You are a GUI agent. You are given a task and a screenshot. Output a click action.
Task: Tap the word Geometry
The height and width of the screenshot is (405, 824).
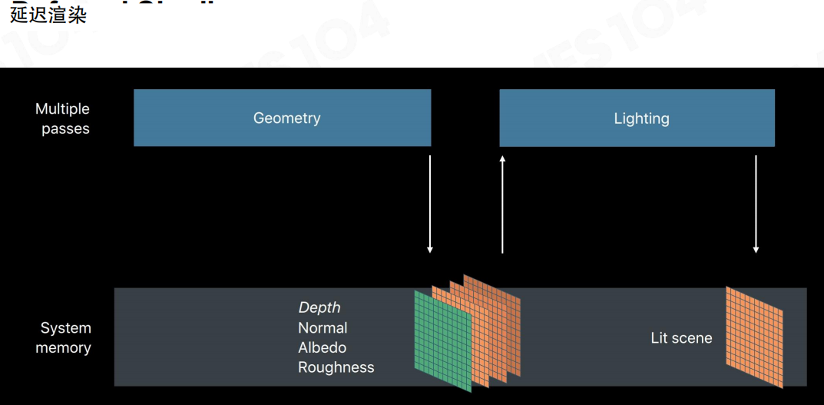tap(286, 118)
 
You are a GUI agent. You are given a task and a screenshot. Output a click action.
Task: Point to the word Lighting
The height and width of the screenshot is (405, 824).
tap(641, 118)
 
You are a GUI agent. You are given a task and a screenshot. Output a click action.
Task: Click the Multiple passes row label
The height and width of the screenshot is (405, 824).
tap(63, 118)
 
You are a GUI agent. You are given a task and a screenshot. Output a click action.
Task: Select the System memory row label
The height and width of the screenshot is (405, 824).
tap(65, 337)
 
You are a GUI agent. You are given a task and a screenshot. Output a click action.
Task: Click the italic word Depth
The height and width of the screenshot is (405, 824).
tap(319, 307)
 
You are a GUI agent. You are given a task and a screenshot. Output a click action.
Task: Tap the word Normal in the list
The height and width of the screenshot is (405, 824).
tap(323, 327)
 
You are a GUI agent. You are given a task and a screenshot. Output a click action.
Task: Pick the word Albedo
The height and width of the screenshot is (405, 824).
tap(322, 347)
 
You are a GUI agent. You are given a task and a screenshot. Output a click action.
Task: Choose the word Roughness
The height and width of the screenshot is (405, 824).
tap(336, 367)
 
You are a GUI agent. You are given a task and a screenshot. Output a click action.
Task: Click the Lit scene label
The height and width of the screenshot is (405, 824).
tap(681, 337)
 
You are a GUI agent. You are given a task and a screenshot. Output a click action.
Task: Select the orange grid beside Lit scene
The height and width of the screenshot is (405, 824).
tap(754, 337)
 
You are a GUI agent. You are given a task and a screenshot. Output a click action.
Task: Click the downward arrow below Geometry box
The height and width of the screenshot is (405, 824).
tap(430, 204)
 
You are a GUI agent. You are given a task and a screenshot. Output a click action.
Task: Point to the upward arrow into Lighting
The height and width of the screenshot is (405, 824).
tap(502, 204)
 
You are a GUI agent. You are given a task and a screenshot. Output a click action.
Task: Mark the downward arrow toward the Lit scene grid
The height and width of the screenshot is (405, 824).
tap(756, 204)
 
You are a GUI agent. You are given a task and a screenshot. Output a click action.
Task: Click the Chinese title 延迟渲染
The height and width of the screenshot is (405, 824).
tap(48, 15)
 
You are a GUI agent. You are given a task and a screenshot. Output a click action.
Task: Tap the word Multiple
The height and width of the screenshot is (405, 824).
tap(63, 109)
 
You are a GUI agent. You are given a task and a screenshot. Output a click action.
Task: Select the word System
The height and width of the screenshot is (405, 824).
tap(66, 328)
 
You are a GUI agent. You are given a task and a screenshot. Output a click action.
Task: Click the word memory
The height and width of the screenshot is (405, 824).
tap(63, 347)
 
